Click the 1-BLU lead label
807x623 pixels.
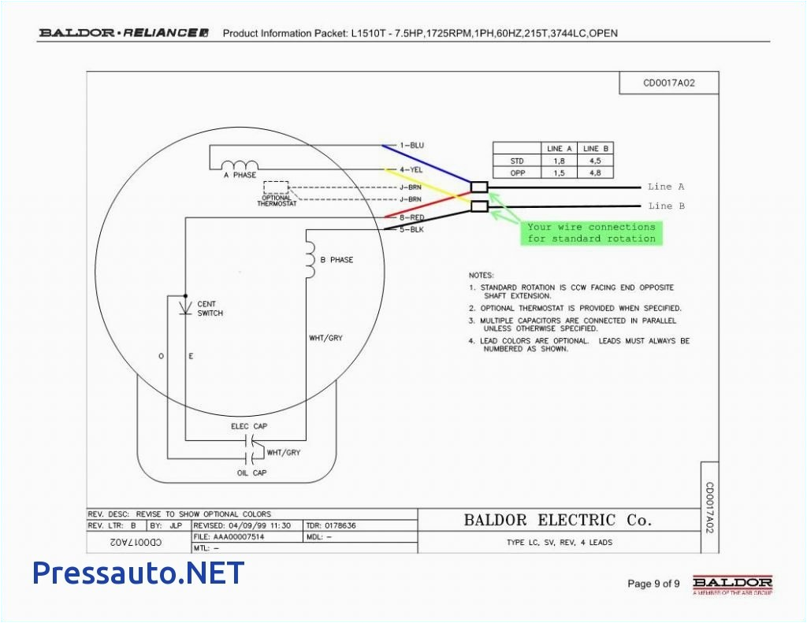tap(411, 146)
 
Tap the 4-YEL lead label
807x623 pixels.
tap(411, 169)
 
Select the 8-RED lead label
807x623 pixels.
tap(411, 217)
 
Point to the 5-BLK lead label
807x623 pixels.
tap(411, 228)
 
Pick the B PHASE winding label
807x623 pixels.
tap(337, 260)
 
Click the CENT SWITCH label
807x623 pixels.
tap(210, 308)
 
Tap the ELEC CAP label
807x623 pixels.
tap(250, 426)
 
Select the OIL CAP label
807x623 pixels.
tap(252, 473)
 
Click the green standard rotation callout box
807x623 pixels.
tap(591, 232)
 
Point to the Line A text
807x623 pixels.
tap(666, 187)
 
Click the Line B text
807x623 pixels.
tap(666, 206)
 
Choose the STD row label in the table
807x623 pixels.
tap(517, 161)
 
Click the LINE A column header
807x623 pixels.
tap(555, 148)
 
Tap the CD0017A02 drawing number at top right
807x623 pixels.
tap(669, 83)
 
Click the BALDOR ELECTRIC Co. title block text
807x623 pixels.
tap(557, 520)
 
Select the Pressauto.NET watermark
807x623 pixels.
tap(138, 573)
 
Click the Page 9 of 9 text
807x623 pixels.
tap(653, 584)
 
